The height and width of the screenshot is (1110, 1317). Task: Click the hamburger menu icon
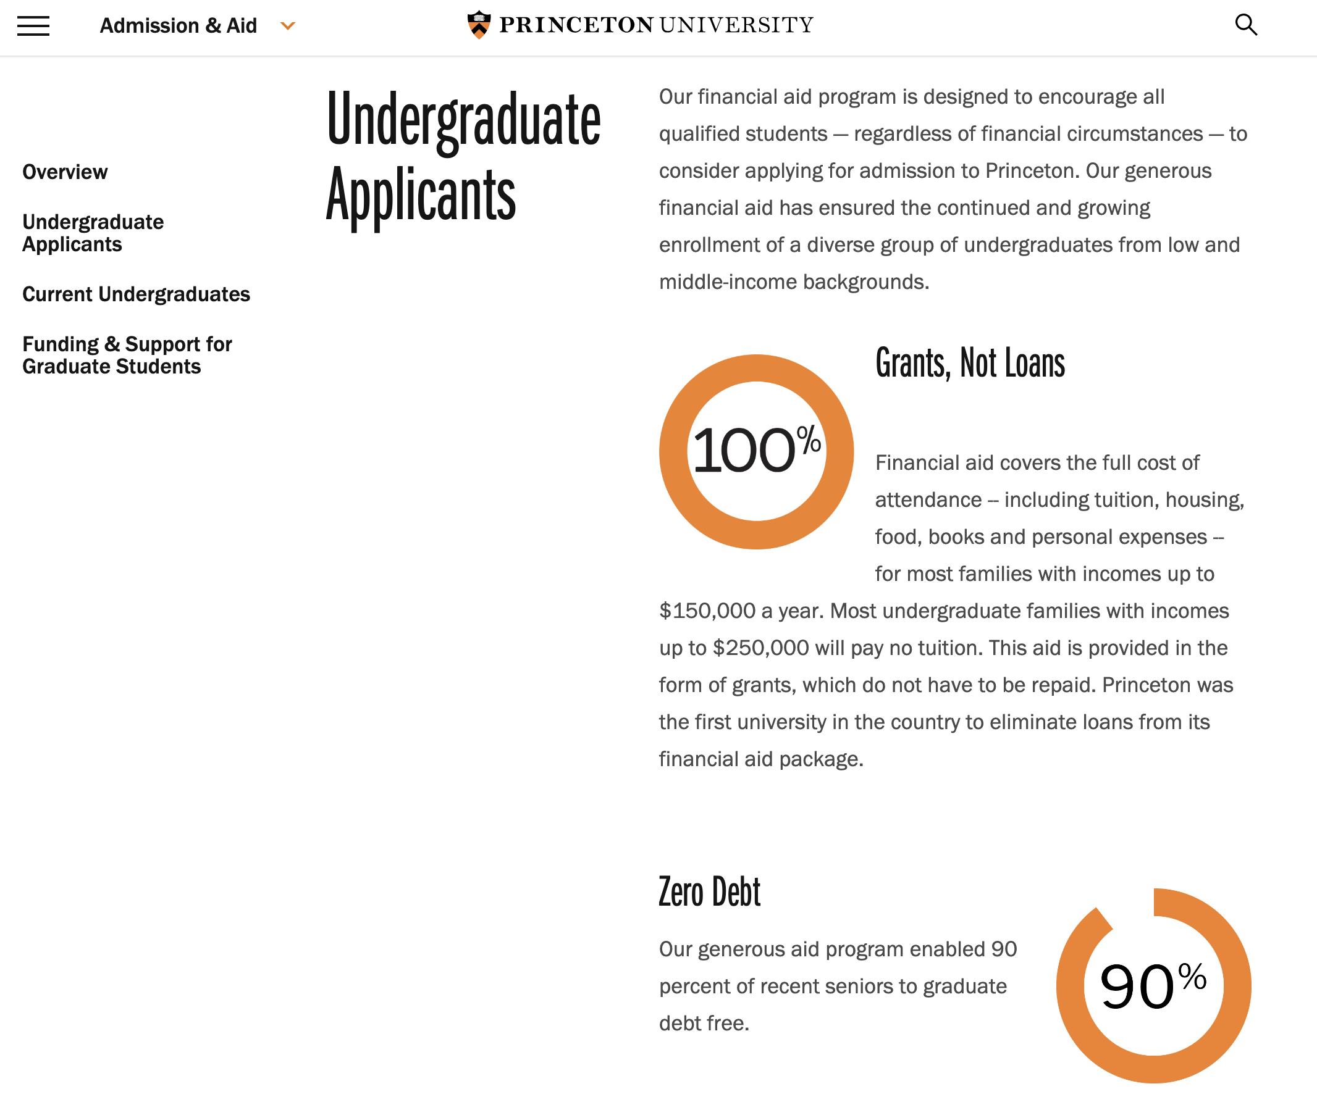coord(33,26)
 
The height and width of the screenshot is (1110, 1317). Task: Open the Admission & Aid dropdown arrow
coord(288,26)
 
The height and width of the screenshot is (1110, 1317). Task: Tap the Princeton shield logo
coord(479,25)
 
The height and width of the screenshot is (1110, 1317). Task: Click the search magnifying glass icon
coord(1246,25)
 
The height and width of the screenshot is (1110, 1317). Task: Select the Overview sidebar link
coord(65,172)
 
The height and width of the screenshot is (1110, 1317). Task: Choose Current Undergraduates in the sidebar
coord(136,294)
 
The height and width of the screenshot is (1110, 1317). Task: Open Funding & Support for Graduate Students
coord(127,355)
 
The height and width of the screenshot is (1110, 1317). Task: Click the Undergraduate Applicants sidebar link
coord(93,233)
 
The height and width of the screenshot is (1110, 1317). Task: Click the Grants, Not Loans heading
coord(969,363)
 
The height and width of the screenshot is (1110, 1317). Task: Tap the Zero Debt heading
coord(710,891)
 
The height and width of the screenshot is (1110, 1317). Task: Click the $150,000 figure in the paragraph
coord(707,611)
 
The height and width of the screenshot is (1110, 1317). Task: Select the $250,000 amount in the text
coord(760,648)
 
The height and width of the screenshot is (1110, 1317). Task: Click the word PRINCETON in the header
coord(576,25)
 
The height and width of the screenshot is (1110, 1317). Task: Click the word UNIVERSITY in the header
coord(736,25)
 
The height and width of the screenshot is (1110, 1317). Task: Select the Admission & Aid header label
coord(178,26)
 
